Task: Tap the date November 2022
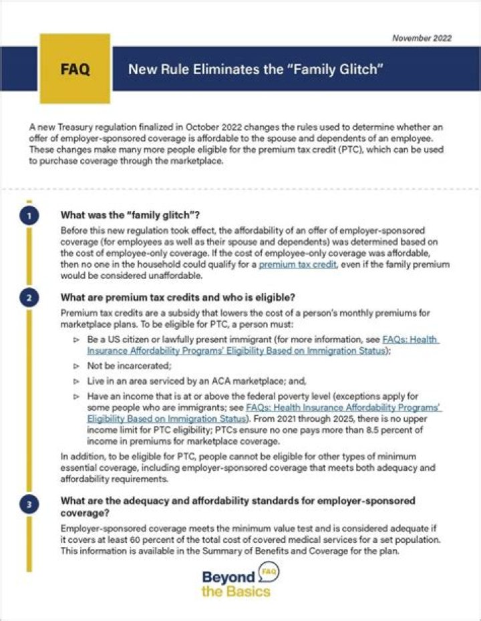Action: tap(422, 38)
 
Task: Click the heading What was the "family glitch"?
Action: tap(130, 215)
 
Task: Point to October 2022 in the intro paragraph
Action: tap(240, 127)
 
